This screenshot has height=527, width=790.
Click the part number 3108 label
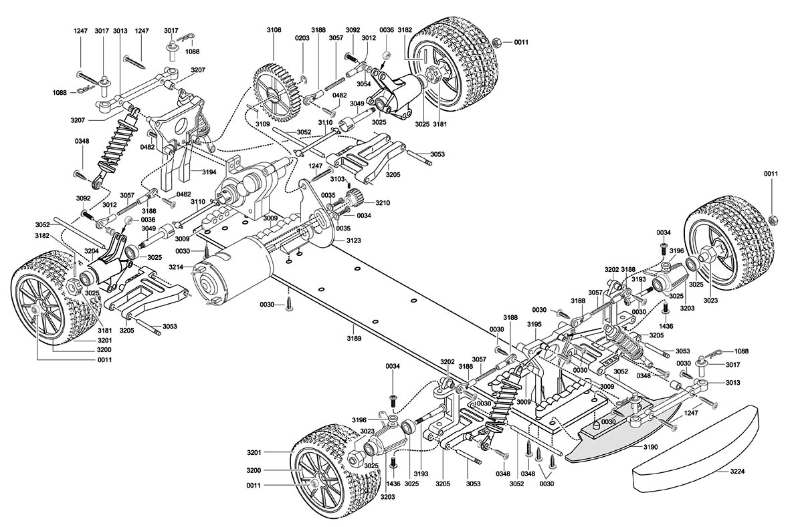tap(274, 30)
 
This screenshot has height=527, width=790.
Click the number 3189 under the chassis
tap(354, 339)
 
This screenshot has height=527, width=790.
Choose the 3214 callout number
tap(176, 267)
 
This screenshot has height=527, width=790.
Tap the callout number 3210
tap(382, 202)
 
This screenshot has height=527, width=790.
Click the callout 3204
tap(91, 251)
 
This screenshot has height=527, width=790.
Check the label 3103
tap(337, 179)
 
